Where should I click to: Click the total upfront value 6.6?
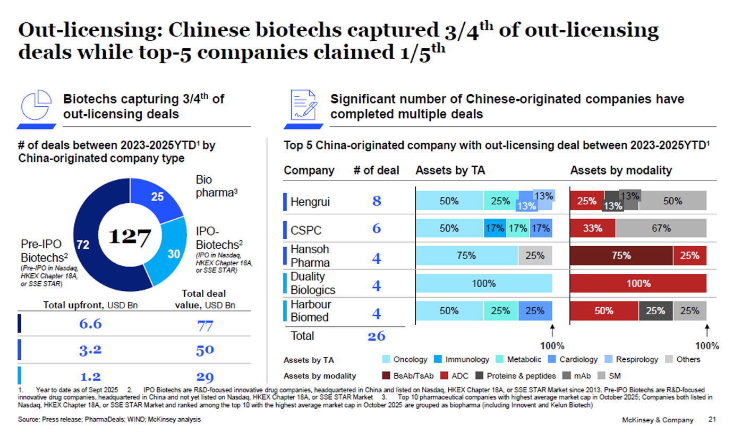(90, 324)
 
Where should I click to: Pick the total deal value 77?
(205, 325)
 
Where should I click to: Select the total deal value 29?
(205, 377)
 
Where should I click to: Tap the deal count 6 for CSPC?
(376, 229)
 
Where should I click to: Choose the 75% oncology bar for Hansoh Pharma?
(466, 256)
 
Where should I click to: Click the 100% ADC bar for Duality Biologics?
(638, 283)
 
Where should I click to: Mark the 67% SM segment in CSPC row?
(661, 228)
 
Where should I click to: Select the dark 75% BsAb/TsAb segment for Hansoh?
(621, 256)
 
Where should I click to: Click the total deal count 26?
(376, 336)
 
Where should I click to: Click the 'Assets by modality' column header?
(620, 170)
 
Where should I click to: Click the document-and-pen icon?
(303, 106)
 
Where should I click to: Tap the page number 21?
(712, 420)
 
